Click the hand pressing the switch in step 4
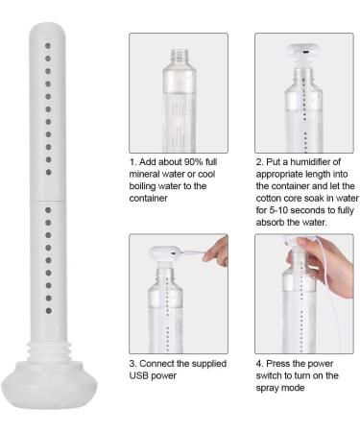304,252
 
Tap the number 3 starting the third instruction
132,364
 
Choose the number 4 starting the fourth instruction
258,364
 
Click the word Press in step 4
279,364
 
